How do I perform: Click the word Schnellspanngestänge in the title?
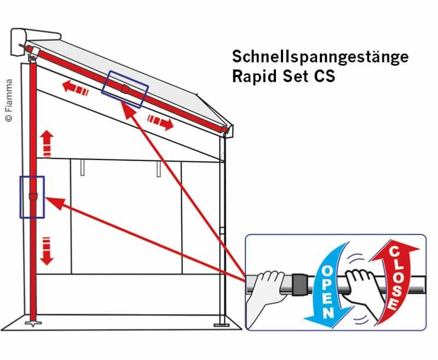tap(320, 58)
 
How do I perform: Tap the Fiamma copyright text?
tap(9, 100)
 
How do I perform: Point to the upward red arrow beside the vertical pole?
tap(47, 144)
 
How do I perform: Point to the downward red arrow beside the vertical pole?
tap(47, 251)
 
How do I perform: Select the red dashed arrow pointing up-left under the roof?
tap(76, 88)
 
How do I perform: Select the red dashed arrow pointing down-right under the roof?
tap(160, 122)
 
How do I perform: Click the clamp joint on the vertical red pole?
tap(33, 197)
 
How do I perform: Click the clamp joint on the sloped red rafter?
tap(125, 89)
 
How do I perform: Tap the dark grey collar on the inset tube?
tap(300, 284)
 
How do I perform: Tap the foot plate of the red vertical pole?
tap(33, 324)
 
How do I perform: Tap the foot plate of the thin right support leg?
tap(221, 325)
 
